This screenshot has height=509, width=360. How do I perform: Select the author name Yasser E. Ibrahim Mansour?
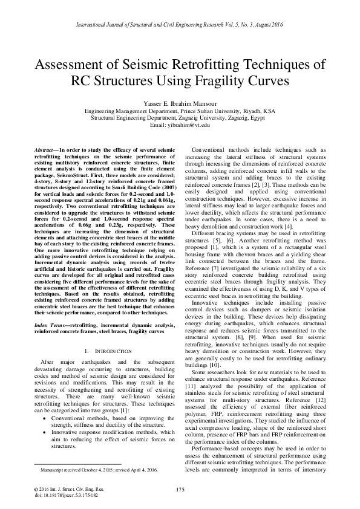(x=180, y=102)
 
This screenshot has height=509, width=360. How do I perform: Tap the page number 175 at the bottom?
(x=180, y=488)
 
